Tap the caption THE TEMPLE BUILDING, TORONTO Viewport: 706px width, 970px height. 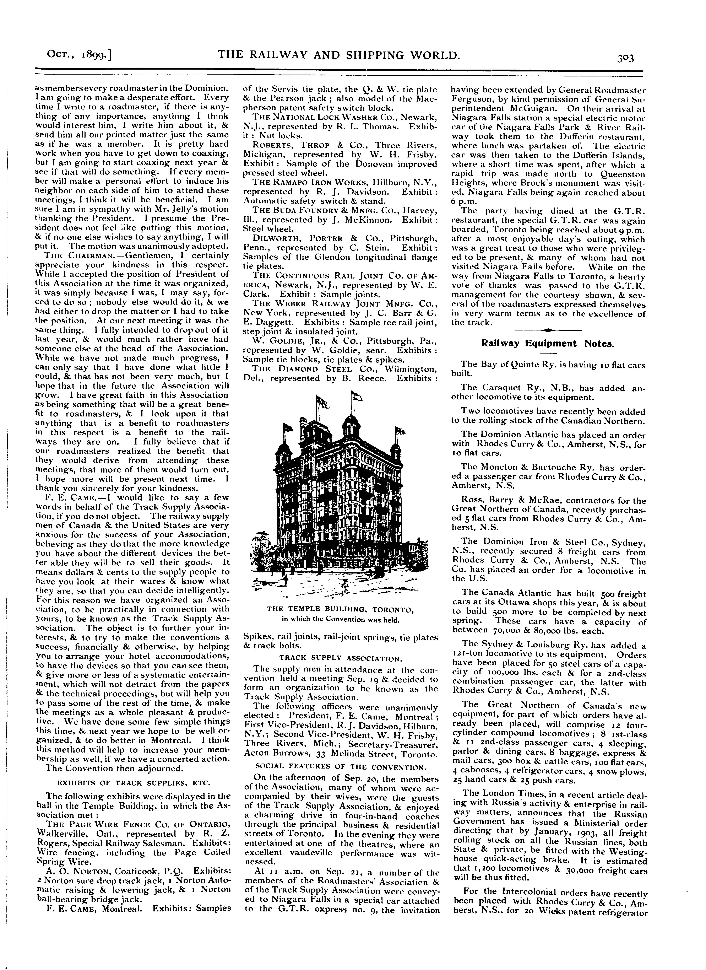coord(340,609)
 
